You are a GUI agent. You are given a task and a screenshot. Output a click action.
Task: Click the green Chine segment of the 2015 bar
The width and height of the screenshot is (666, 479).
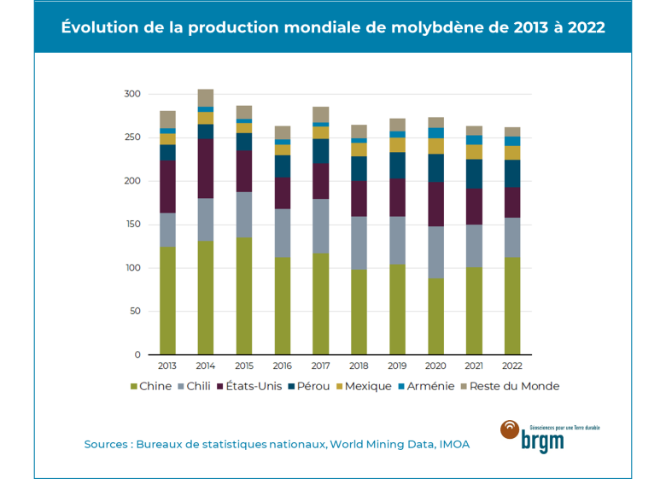coord(244,295)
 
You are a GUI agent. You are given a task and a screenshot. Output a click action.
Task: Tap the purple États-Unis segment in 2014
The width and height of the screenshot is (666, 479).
coord(206,168)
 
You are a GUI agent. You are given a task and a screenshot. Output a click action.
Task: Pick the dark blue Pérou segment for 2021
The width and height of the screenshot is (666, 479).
coord(475,174)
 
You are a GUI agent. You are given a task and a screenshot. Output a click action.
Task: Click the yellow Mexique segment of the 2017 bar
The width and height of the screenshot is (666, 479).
coord(321,132)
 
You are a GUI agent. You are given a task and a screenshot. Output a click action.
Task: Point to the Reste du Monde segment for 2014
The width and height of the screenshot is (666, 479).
coord(206,97)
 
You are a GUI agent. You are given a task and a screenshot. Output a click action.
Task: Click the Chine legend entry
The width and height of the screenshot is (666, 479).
coord(150,386)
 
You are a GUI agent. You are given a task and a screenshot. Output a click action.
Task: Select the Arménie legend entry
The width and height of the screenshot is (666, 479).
coord(425,386)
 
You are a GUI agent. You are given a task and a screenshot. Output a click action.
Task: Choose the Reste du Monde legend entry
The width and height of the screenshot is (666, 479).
coord(510,386)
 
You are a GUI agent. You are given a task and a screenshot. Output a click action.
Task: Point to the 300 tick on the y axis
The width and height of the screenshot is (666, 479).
coord(130,94)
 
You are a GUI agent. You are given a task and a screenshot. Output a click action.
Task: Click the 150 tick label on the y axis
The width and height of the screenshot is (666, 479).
coord(130,225)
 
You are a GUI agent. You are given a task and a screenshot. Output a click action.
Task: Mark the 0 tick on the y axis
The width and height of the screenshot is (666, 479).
coord(136,354)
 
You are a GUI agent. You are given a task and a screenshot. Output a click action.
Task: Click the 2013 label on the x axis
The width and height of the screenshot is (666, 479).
coord(167,366)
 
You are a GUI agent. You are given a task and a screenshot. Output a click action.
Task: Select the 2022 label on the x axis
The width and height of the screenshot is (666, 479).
coord(513,366)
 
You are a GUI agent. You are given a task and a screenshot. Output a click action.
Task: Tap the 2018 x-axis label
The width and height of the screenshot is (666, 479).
coord(359,366)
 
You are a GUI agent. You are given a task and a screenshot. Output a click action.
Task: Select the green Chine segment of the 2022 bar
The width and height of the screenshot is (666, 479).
coord(513,306)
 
